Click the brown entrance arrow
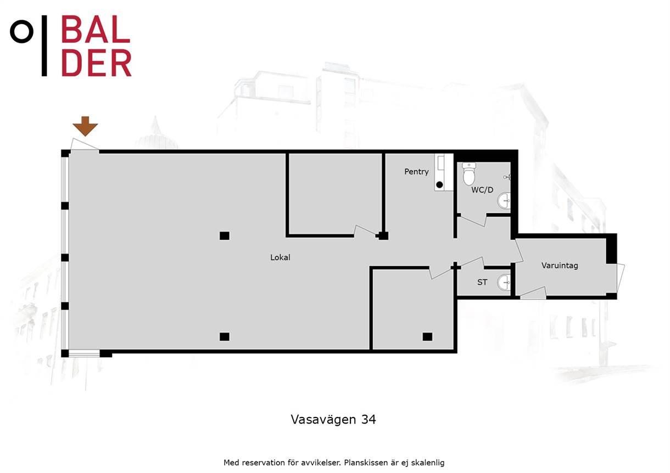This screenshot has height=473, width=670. click(85, 126)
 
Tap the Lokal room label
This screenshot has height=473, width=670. click(280, 257)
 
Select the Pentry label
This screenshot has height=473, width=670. click(416, 172)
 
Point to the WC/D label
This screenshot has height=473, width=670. click(482, 190)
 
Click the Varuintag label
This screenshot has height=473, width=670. click(560, 266)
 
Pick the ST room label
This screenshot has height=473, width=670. click(482, 282)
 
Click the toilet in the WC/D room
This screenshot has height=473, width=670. click(469, 174)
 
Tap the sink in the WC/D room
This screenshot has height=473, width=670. click(504, 201)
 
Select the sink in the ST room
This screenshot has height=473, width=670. click(504, 282)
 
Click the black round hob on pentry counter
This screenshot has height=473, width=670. click(439, 185)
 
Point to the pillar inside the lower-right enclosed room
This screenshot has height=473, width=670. click(427, 337)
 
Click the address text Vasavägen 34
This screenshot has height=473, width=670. click(333, 420)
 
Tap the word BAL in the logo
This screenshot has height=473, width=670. click(96, 29)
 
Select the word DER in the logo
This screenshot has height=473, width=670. click(96, 63)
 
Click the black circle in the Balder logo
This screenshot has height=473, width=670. click(21, 31)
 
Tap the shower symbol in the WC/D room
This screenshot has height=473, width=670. click(507, 177)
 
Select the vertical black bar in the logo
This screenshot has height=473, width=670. click(44, 46)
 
